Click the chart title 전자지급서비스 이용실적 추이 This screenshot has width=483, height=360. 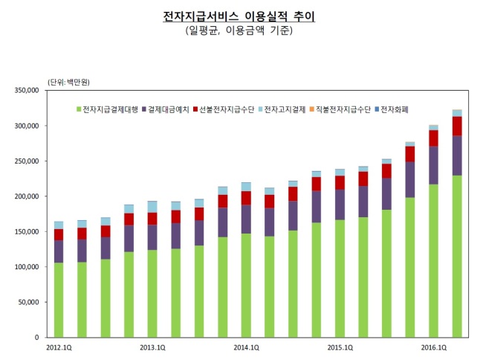point(239,16)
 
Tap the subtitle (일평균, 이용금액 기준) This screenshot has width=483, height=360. point(239,30)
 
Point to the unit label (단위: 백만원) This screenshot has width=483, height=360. point(68,83)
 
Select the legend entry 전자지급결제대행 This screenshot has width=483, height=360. point(107,109)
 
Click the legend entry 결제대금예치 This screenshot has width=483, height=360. point(166,109)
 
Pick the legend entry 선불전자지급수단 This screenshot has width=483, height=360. point(224,109)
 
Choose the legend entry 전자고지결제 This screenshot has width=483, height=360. point(282,109)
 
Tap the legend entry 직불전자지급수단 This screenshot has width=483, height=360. point(340,109)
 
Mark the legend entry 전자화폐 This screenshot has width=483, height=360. point(392,109)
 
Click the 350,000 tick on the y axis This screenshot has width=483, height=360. point(27,90)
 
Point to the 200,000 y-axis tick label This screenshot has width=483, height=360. point(27,196)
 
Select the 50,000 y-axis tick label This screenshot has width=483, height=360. point(28,303)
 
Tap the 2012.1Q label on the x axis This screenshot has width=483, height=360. point(59,347)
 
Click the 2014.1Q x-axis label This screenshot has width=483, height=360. point(246,347)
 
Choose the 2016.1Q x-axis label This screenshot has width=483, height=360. point(434,347)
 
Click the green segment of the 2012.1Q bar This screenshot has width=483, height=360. point(59,300)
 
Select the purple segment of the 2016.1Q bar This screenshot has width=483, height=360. point(434,166)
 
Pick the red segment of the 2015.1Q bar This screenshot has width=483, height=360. point(340,183)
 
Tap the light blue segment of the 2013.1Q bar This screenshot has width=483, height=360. point(152,207)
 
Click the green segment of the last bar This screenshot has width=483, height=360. point(457,257)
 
